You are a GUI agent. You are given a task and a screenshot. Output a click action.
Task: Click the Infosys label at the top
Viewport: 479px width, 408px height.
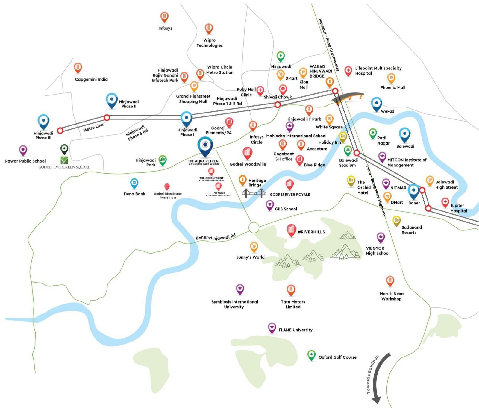click(165, 28)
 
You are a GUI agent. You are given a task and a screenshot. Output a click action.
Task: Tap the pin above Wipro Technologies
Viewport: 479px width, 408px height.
click(209, 29)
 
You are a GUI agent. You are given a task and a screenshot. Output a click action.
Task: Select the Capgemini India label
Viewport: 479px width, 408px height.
click(91, 79)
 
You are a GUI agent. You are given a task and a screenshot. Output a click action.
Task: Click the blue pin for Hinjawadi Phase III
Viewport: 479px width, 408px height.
click(43, 121)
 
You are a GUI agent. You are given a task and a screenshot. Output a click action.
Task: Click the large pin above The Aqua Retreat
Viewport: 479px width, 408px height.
click(205, 146)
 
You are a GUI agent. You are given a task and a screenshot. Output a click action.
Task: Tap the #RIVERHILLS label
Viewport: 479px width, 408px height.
click(311, 232)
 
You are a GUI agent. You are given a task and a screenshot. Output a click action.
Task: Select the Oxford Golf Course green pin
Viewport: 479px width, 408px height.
click(311, 355)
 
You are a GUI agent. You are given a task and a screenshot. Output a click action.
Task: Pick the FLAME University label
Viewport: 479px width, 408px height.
click(295, 330)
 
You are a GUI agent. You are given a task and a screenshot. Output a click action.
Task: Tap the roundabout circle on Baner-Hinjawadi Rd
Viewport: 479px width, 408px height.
click(254, 227)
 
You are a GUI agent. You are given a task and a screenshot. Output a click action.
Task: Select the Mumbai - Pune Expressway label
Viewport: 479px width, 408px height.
click(329, 45)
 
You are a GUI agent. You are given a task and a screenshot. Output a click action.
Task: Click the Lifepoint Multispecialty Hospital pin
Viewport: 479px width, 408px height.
click(348, 71)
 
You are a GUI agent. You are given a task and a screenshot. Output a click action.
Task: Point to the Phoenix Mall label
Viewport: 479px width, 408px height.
click(392, 87)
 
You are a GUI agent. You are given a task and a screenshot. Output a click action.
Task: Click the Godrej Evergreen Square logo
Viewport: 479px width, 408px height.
click(64, 160)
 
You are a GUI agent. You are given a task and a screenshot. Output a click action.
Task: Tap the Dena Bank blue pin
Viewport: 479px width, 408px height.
click(134, 183)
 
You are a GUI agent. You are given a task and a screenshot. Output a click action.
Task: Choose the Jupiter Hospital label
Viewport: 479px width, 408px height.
click(458, 208)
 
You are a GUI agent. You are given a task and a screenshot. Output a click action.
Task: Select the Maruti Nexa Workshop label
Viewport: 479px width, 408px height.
click(391, 296)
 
